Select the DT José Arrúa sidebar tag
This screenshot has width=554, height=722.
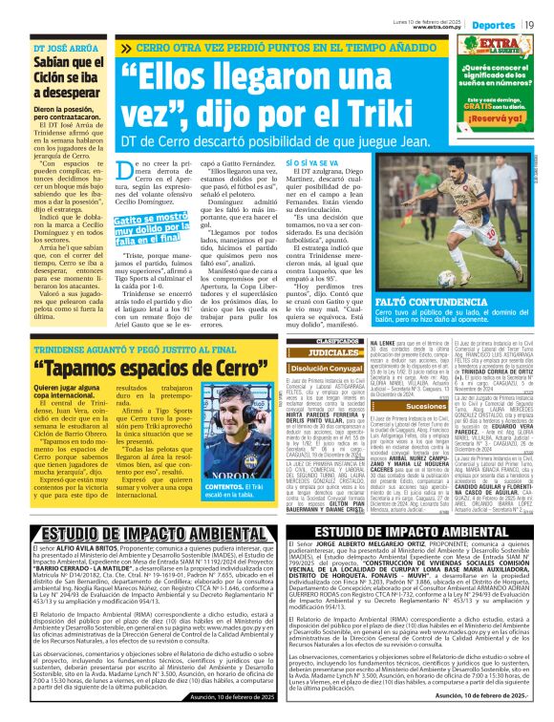coord(66,48)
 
